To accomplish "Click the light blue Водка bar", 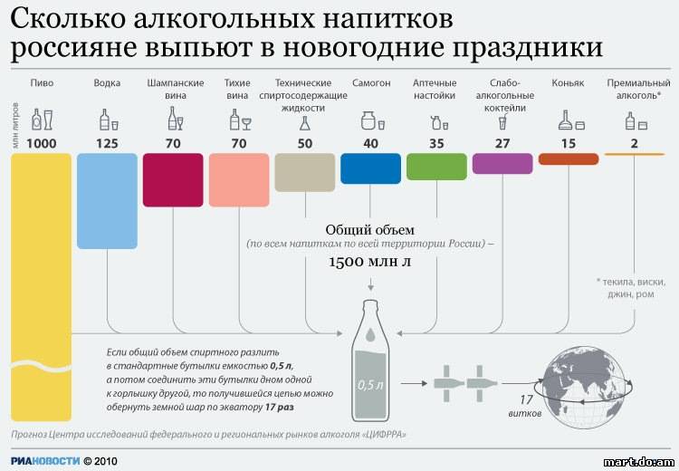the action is pyautogui.click(x=107, y=201).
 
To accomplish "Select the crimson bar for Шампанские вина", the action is pyautogui.click(x=173, y=180).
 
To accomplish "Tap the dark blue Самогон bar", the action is pyautogui.click(x=370, y=168).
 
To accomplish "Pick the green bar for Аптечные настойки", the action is pyautogui.click(x=436, y=167).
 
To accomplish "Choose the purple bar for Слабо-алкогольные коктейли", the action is pyautogui.click(x=502, y=164).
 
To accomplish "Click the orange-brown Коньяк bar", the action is pyautogui.click(x=569, y=159).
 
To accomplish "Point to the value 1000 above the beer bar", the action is pyautogui.click(x=41, y=143).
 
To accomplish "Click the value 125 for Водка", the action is pyautogui.click(x=107, y=143).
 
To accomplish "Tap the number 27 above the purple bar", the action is pyautogui.click(x=502, y=143).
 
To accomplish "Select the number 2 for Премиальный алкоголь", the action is pyautogui.click(x=635, y=143).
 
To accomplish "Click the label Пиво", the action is pyautogui.click(x=42, y=82).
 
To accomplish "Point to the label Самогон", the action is pyautogui.click(x=371, y=82).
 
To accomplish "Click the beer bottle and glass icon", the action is pyautogui.click(x=42, y=120).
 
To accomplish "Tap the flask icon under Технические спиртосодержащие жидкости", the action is pyautogui.click(x=305, y=123).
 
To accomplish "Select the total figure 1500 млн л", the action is pyautogui.click(x=369, y=262).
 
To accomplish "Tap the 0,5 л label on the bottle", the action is pyautogui.click(x=370, y=385).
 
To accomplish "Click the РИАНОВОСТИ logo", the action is pyautogui.click(x=45, y=461).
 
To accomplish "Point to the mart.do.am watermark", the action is pyautogui.click(x=639, y=462).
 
